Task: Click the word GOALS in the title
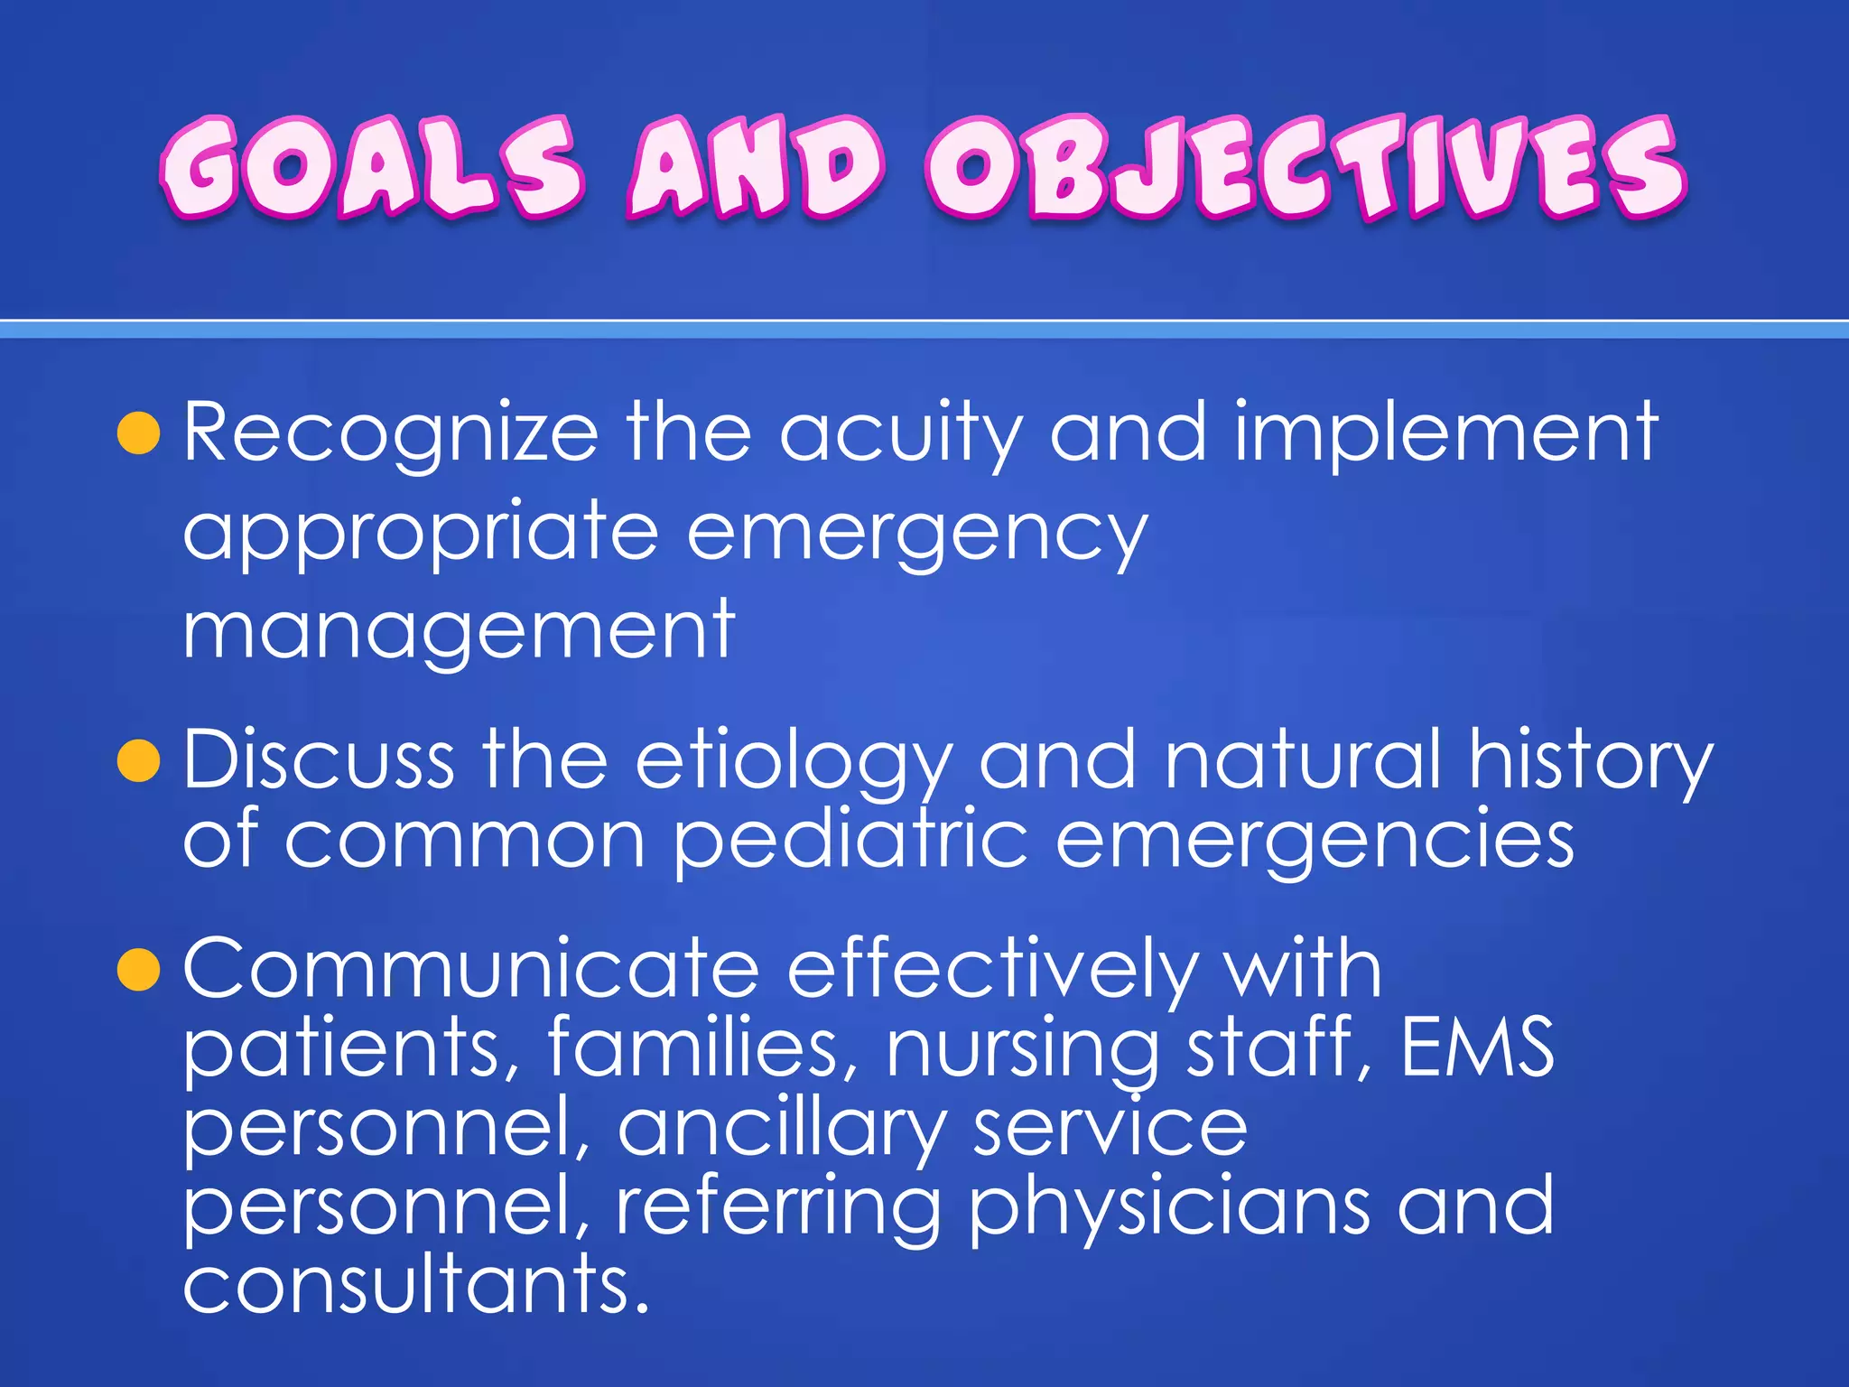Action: coord(372,167)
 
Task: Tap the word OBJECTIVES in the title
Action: coord(1305,167)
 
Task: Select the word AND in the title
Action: coord(755,169)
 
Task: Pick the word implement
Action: coord(1445,433)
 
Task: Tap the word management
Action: coord(459,630)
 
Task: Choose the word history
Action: coord(1590,760)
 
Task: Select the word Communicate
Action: coord(471,969)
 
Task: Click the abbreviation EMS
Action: coord(1477,1047)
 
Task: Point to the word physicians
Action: coord(1169,1208)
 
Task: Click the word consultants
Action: coord(416,1285)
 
